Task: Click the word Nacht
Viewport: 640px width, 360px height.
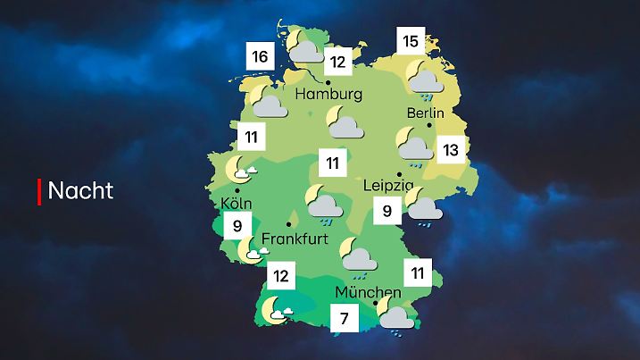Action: coord(80,190)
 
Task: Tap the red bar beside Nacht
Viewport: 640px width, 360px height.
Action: coord(39,190)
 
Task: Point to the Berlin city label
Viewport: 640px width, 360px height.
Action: coord(425,113)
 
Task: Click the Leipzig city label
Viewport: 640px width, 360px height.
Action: coord(389,186)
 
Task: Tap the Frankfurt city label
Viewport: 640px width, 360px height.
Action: coord(296,239)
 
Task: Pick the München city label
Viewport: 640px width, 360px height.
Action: coord(369,292)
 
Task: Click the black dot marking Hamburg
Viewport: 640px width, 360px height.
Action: coord(328,81)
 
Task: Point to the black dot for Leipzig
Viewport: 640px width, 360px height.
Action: coord(399,173)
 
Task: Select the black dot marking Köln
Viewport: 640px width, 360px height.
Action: coord(237,190)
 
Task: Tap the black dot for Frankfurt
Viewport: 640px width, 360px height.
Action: coord(288,223)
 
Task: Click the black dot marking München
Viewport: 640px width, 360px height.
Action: coord(375,304)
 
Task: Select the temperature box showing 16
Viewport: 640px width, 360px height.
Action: coord(260,58)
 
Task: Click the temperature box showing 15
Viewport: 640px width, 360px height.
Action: coord(411,41)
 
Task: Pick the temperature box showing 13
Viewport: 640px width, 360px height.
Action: coord(451,149)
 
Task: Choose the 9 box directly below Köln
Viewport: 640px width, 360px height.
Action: coord(237,226)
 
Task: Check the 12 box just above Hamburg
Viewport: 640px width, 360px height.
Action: coord(337,63)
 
